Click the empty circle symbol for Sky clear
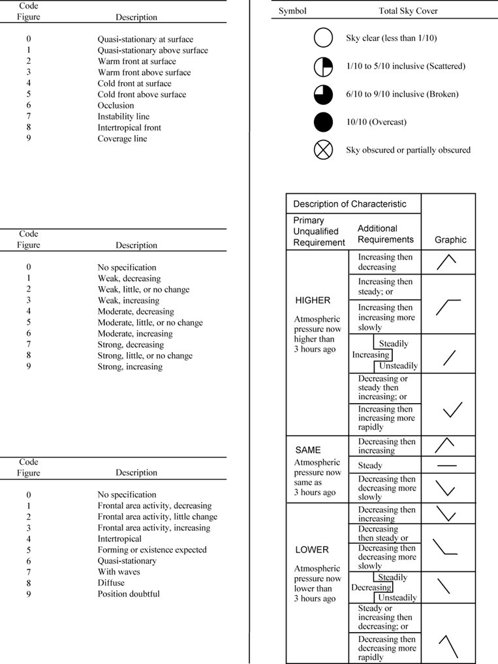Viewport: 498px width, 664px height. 323,38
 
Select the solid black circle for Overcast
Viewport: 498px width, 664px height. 323,122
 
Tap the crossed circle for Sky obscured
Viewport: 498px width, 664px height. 323,150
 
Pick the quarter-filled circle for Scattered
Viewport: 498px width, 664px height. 323,67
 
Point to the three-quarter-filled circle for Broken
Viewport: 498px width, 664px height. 323,95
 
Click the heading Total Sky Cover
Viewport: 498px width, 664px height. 408,11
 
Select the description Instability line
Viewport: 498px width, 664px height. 124,117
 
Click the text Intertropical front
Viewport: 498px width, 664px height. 129,128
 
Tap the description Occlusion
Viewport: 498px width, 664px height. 116,106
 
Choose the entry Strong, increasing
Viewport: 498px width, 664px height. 130,367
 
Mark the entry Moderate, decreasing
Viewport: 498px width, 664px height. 136,312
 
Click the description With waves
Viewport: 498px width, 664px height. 119,572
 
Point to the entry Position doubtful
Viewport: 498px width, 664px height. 129,594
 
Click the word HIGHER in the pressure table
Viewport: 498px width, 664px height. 313,301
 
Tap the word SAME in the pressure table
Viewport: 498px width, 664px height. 308,450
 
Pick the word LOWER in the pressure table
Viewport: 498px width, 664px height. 312,550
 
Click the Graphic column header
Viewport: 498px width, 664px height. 450,240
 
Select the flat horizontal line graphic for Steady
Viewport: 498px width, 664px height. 447,466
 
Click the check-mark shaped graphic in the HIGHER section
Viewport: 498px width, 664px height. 452,410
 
